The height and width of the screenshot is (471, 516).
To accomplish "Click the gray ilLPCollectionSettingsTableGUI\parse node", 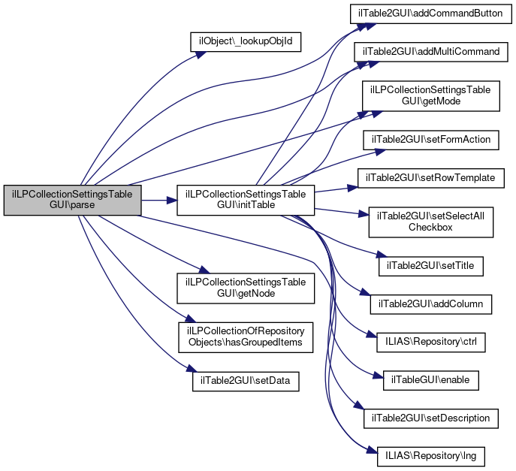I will (x=72, y=201).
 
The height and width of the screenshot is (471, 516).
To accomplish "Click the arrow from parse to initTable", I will (x=158, y=201).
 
